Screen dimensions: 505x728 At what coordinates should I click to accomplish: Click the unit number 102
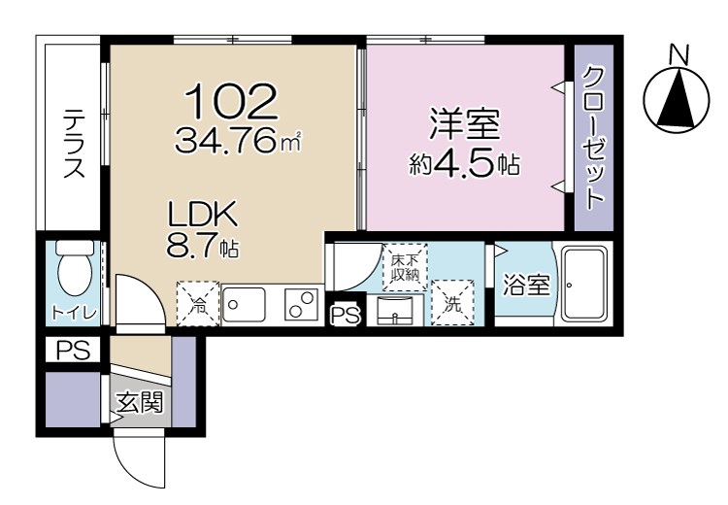tap(231, 100)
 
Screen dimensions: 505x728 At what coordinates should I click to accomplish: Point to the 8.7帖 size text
tap(203, 248)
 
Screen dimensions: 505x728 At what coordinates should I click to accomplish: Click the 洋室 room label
tap(464, 126)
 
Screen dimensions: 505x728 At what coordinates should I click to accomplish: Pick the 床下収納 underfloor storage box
tap(404, 268)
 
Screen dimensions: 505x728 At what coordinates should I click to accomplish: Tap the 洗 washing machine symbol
tap(452, 302)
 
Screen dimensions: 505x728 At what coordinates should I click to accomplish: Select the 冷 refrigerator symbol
tap(197, 304)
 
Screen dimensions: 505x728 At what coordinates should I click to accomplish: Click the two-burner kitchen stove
tap(302, 304)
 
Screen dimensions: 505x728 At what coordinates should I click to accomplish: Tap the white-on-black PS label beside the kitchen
tap(344, 315)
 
